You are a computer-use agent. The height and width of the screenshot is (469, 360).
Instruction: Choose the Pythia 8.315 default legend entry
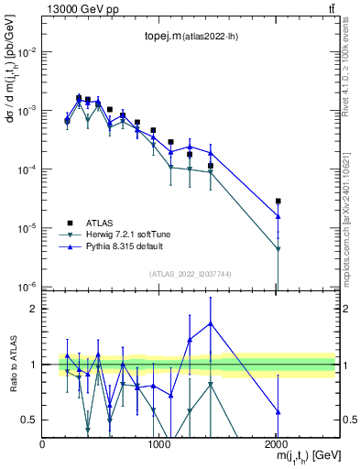(x=123, y=246)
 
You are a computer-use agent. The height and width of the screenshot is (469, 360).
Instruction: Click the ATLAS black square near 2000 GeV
(x=278, y=201)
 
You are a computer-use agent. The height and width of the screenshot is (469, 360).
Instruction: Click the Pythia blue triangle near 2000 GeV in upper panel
(x=278, y=217)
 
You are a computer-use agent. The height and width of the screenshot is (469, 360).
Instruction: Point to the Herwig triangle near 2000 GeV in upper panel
(x=278, y=249)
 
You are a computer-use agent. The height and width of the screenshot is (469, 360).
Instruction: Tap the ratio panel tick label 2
(x=35, y=309)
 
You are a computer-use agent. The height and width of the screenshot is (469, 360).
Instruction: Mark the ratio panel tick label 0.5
(x=30, y=420)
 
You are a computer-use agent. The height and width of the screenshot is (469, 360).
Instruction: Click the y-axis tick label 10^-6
(x=27, y=286)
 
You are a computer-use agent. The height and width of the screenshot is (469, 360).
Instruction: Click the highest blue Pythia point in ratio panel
(x=212, y=322)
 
